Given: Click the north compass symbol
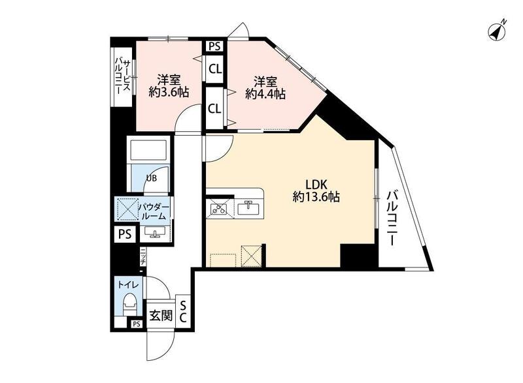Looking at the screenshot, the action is (x=498, y=31).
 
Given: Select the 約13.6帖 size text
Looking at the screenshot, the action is (x=316, y=197).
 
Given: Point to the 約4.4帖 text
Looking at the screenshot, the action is (x=265, y=94).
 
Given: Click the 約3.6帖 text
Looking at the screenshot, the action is (x=169, y=92).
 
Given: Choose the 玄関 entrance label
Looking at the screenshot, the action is (x=161, y=315).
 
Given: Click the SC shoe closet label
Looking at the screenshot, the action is (x=183, y=312).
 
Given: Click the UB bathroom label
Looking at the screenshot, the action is (x=151, y=178).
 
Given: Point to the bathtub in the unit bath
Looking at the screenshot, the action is (x=148, y=150).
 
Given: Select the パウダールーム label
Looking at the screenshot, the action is (x=154, y=211).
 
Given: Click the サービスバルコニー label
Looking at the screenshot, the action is (x=122, y=77).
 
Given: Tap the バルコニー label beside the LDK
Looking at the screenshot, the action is (x=392, y=218).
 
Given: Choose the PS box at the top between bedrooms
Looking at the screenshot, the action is (x=215, y=46).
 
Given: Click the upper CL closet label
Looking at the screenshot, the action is (x=215, y=70).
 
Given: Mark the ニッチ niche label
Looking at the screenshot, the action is (x=143, y=257).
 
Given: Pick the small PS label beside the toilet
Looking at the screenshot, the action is (x=136, y=324).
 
